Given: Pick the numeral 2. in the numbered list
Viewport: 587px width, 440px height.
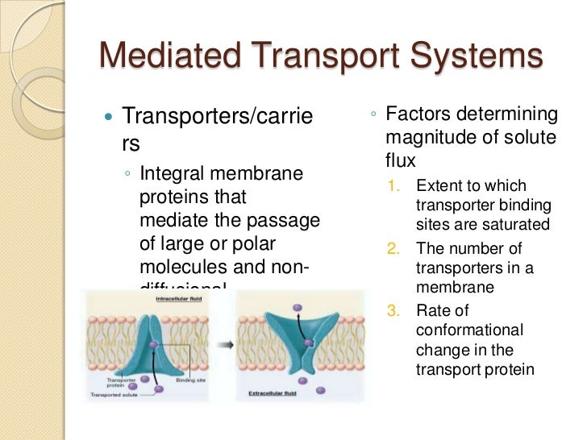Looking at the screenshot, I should [x=394, y=249].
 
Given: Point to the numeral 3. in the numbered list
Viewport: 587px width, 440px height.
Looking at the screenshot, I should [x=394, y=311].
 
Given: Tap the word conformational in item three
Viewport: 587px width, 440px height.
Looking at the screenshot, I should [x=469, y=330].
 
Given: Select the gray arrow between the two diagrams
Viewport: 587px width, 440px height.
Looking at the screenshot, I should [x=229, y=344].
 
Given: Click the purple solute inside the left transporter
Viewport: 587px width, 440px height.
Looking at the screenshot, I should [x=153, y=345].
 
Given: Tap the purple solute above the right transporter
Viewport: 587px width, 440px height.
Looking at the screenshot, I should [x=298, y=306].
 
